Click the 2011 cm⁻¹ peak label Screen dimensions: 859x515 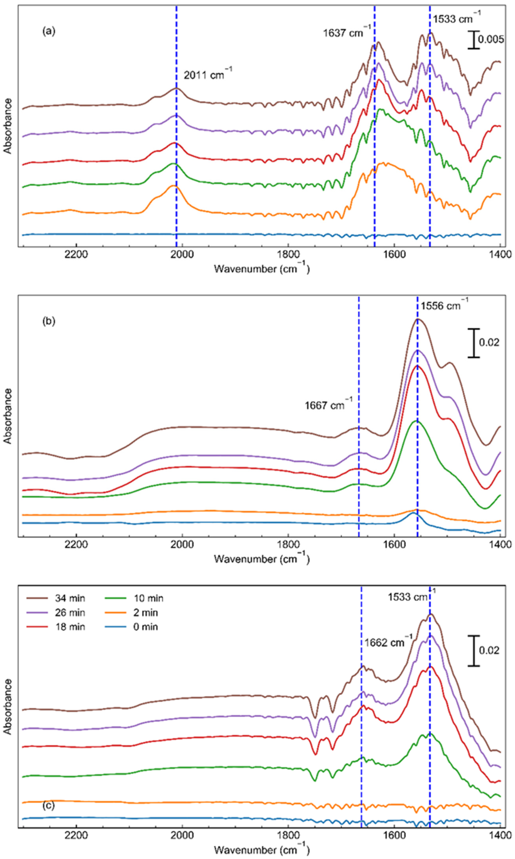(x=207, y=75)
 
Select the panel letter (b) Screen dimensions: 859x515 (x=49, y=321)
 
